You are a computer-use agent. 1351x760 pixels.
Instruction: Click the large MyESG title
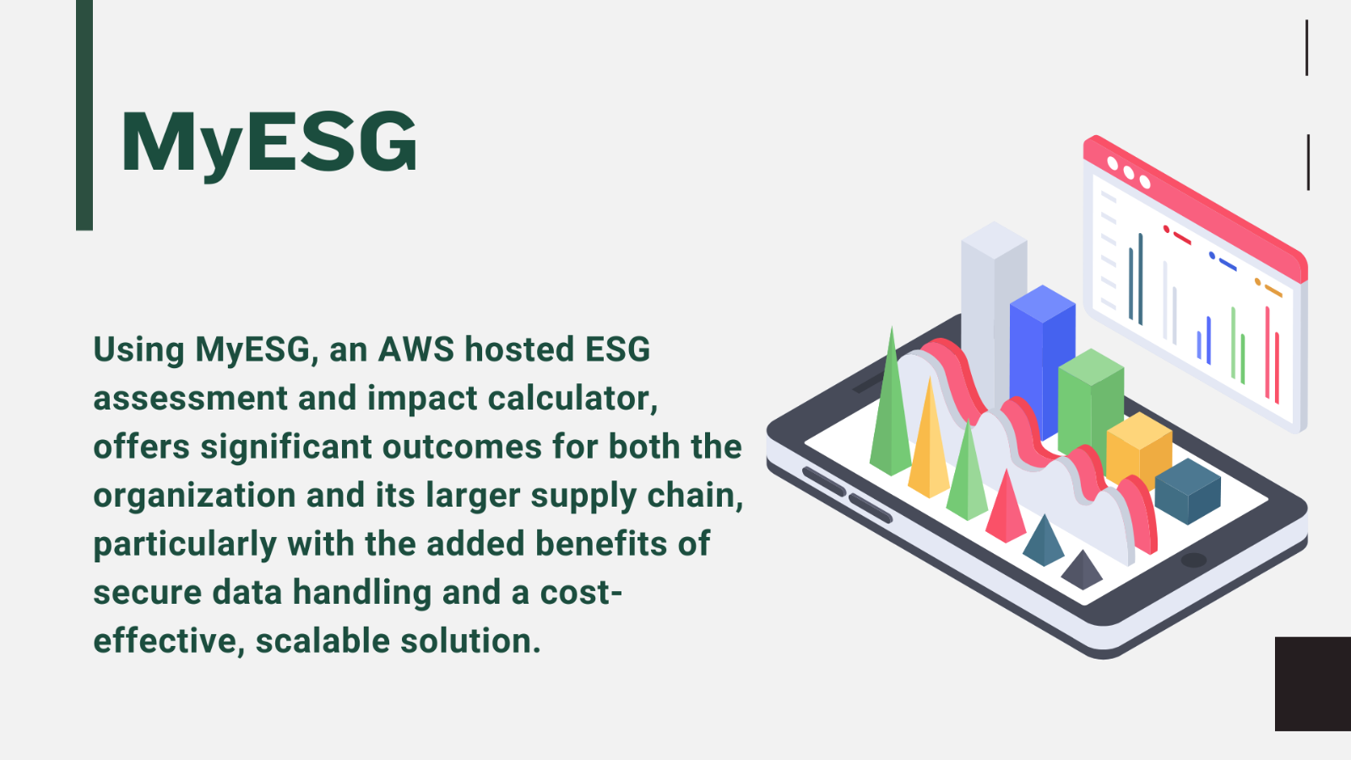click(x=269, y=144)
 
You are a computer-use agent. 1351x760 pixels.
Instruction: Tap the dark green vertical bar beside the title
click(x=84, y=115)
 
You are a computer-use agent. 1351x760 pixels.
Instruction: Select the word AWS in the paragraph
click(x=416, y=350)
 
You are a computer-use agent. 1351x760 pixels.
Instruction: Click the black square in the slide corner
click(x=1313, y=684)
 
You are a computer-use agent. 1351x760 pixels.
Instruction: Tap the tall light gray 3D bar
click(x=993, y=313)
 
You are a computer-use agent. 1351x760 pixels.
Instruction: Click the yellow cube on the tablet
click(x=1139, y=449)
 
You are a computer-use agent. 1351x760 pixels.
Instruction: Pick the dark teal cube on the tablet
click(x=1187, y=491)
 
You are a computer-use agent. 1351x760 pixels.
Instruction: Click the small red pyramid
click(x=1006, y=510)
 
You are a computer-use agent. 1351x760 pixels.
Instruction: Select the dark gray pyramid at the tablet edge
click(x=1082, y=571)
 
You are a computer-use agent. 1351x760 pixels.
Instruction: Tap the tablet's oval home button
click(x=1194, y=561)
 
